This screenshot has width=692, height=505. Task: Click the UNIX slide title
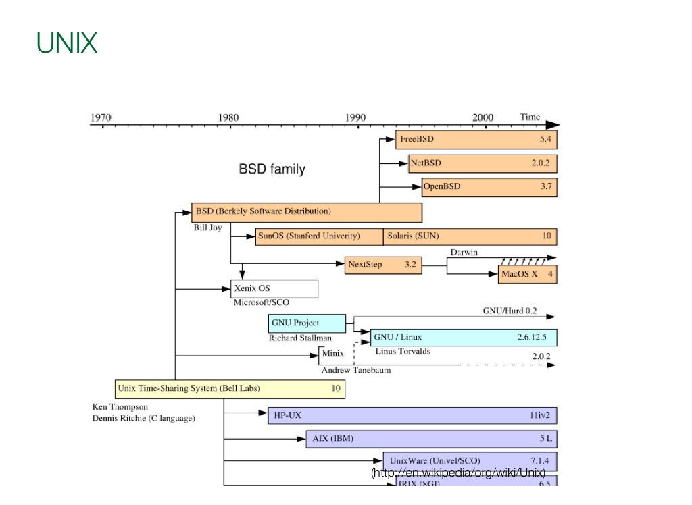click(x=67, y=43)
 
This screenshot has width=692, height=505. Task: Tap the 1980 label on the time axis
click(x=228, y=117)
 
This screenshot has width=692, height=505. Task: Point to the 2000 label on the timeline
click(x=483, y=117)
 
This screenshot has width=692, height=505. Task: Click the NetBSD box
click(x=483, y=163)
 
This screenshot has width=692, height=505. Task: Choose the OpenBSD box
click(x=489, y=187)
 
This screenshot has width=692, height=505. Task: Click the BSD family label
click(x=272, y=169)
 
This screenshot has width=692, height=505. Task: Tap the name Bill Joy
click(x=207, y=228)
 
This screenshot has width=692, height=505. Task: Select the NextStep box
click(x=383, y=265)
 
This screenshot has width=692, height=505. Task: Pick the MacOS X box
click(x=527, y=274)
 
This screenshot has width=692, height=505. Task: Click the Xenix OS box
click(x=274, y=289)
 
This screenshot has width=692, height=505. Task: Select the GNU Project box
click(x=307, y=323)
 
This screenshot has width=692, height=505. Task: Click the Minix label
click(x=332, y=354)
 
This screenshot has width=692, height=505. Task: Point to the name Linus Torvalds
click(x=403, y=351)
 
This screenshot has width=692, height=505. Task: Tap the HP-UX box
click(x=412, y=415)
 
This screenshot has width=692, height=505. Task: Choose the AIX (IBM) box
click(x=431, y=439)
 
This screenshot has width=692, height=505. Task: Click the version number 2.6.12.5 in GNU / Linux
click(x=531, y=337)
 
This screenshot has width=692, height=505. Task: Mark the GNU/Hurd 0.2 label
click(x=510, y=311)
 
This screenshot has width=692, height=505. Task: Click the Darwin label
click(x=464, y=252)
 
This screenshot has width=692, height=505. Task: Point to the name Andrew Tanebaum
click(x=356, y=370)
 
